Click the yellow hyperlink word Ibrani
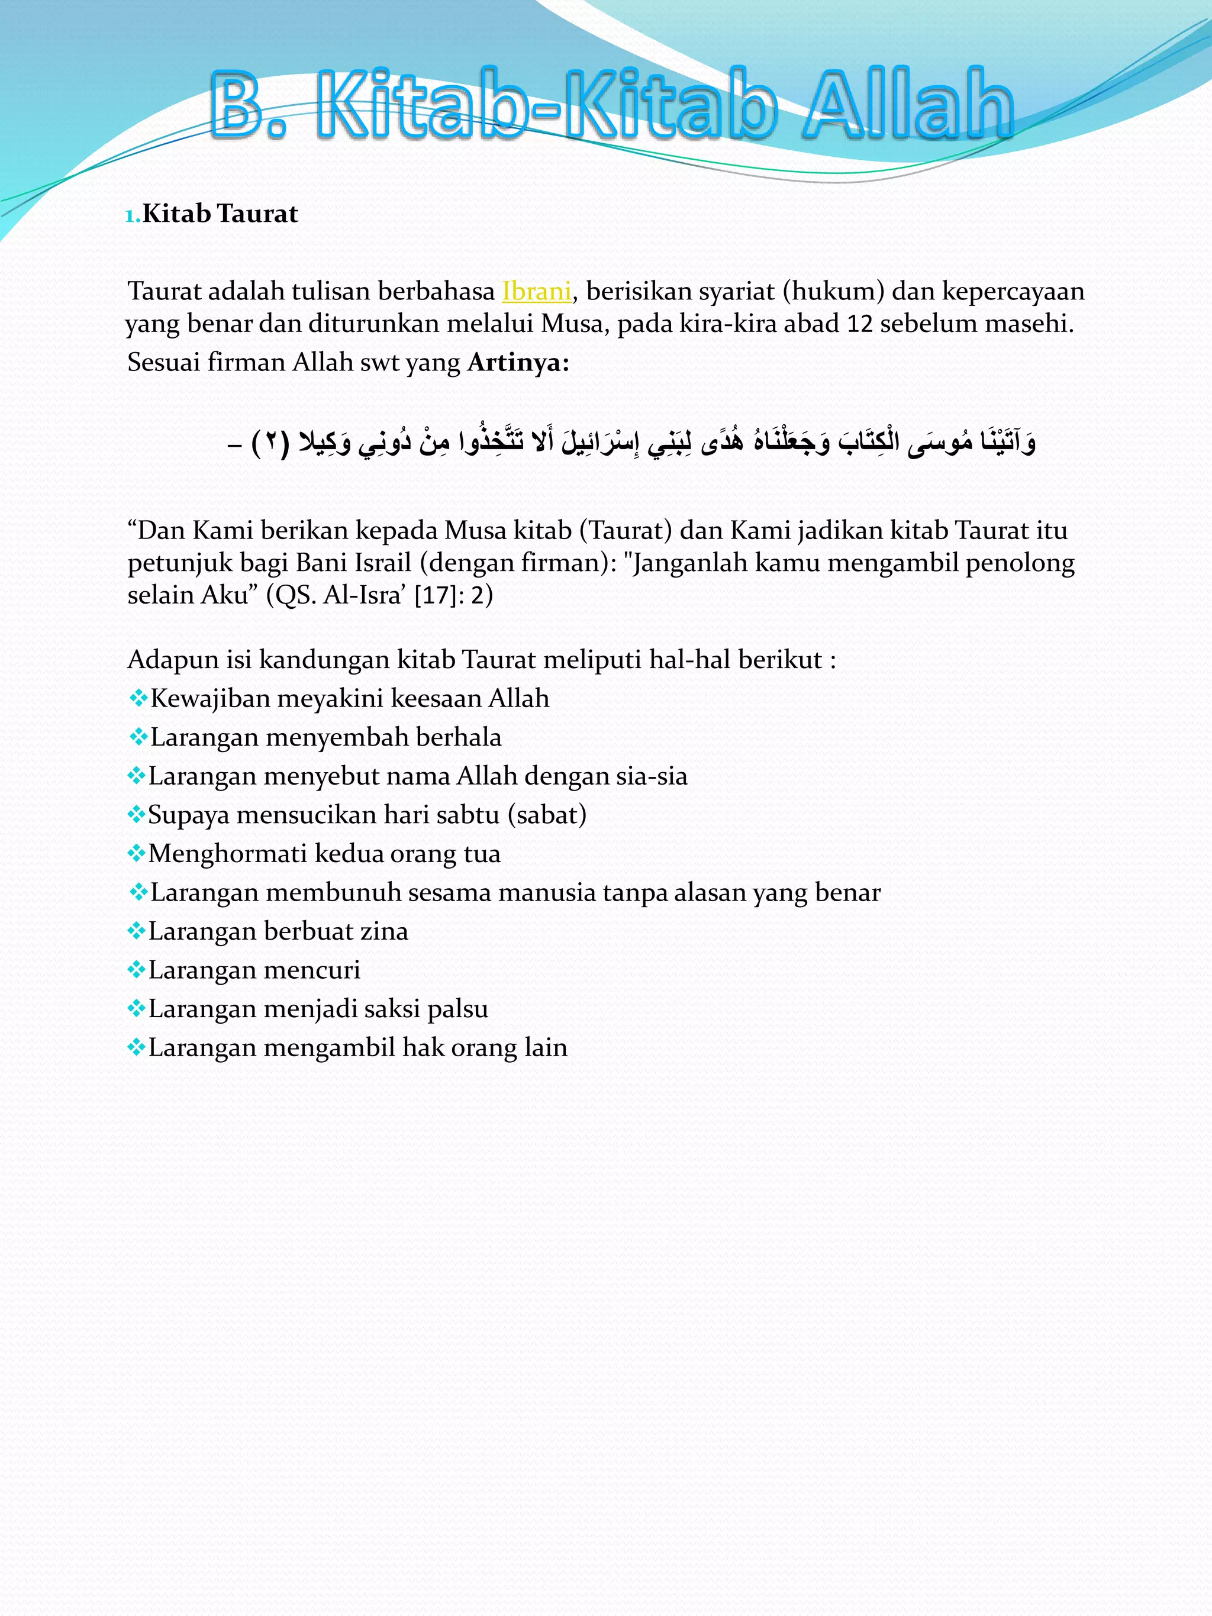[536, 292]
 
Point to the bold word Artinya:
[518, 362]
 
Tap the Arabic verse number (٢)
[271, 443]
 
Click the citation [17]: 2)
[453, 595]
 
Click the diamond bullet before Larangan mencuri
[137, 970]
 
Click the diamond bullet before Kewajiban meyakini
[137, 699]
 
